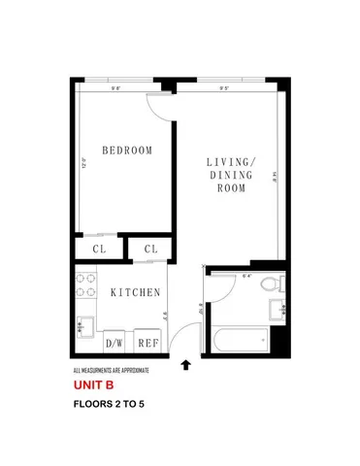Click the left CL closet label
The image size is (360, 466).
[x=99, y=250]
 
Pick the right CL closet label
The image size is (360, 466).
[x=150, y=250]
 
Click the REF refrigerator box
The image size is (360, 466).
[x=148, y=343]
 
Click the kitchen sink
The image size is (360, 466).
[x=84, y=327]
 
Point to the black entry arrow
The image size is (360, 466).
[x=186, y=366]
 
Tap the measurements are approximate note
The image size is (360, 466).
[x=111, y=371]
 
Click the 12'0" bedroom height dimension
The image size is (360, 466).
[x=84, y=162]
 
